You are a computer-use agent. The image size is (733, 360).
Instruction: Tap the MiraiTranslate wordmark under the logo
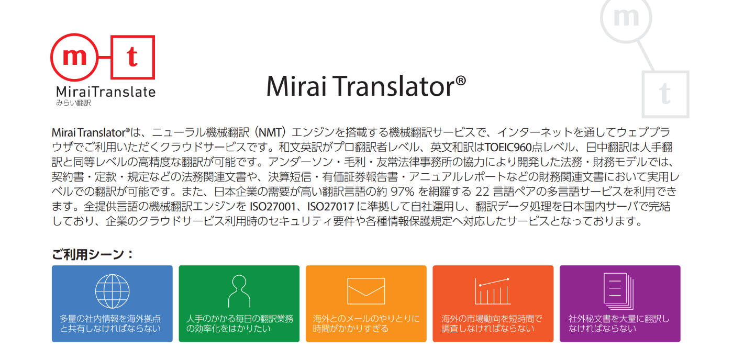[106, 92]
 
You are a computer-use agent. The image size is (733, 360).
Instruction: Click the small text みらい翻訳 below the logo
[73, 103]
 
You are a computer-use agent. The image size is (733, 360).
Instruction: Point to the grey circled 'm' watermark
[627, 17]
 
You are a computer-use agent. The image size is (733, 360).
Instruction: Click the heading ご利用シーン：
[93, 254]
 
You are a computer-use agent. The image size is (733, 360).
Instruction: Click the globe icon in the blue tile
[112, 290]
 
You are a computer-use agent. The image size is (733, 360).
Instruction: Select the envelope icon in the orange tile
[365, 290]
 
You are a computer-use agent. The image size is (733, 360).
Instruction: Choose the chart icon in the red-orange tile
[493, 291]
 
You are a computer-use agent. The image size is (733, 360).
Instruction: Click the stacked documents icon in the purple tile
[619, 290]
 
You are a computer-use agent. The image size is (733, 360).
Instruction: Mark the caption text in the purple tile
[619, 323]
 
